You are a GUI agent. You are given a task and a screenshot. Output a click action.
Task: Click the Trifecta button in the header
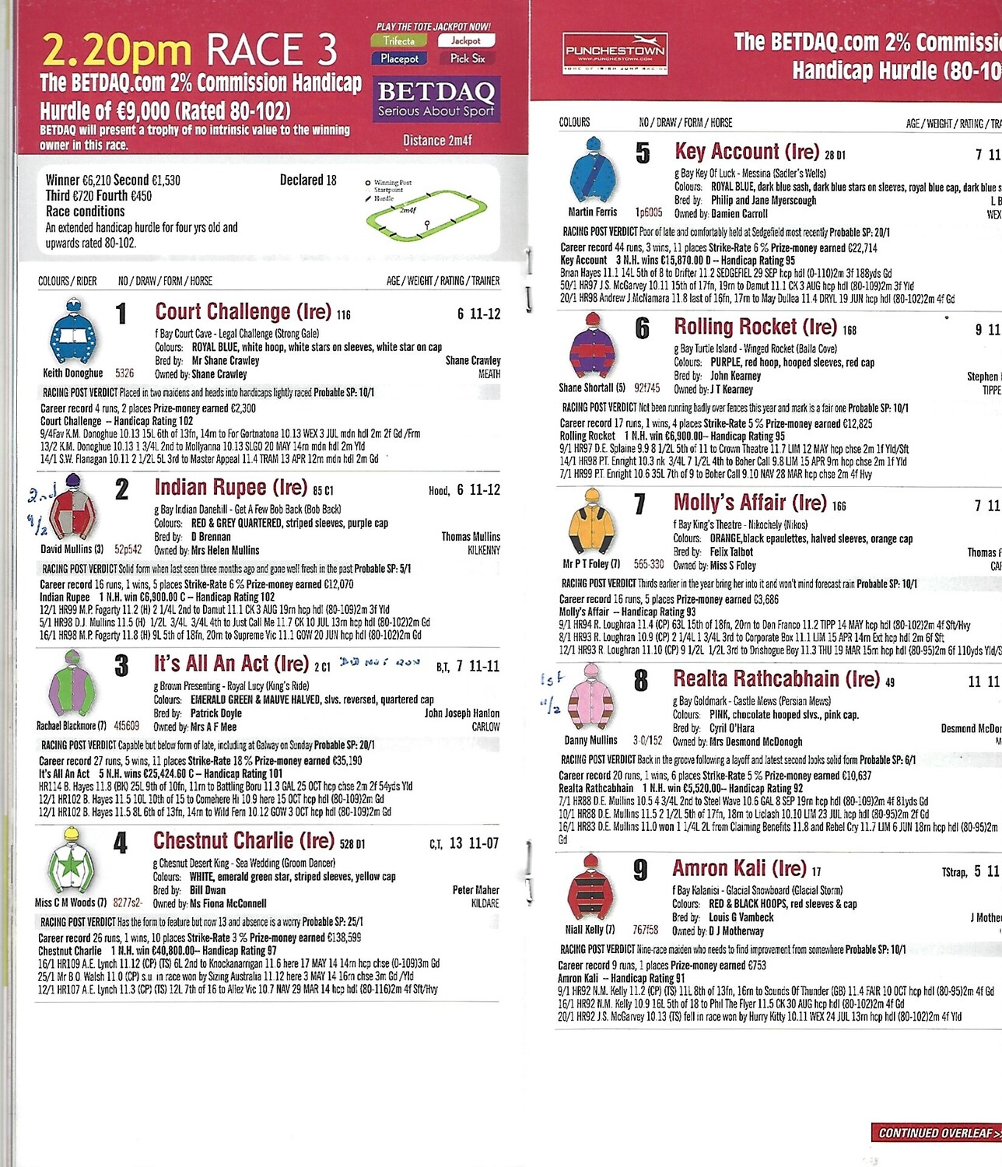click(x=399, y=40)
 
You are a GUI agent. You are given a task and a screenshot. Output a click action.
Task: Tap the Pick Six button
click(x=468, y=58)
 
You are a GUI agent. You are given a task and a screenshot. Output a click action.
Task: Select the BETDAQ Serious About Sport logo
click(x=436, y=100)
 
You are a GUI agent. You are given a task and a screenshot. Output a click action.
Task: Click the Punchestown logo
click(x=615, y=52)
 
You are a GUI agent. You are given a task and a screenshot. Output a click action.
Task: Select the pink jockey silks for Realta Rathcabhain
click(x=591, y=697)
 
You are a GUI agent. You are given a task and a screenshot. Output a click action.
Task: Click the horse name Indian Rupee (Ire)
click(x=230, y=488)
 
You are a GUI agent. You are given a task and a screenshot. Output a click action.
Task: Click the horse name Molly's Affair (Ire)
click(x=750, y=503)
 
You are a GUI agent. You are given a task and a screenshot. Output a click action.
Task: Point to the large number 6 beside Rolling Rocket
click(x=642, y=328)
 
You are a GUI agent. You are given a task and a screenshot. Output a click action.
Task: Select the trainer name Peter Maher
click(x=475, y=889)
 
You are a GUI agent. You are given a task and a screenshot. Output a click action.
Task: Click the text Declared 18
click(x=308, y=180)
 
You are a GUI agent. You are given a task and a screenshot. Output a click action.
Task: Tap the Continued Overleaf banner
click(x=935, y=1133)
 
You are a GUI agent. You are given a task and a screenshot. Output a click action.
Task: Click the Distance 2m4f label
click(x=437, y=141)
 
